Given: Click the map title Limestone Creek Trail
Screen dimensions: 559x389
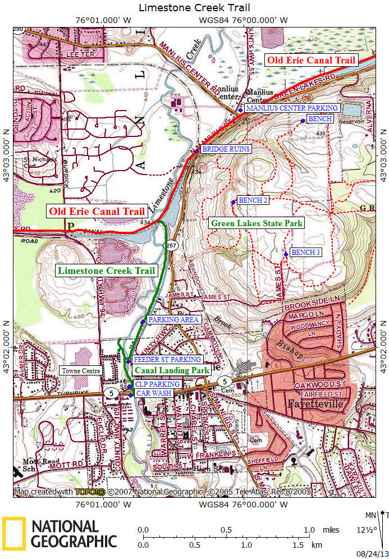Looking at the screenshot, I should click(x=194, y=7).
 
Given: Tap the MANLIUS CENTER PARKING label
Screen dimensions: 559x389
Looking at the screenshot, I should click(x=292, y=108).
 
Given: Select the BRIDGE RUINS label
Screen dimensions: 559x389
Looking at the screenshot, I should click(x=226, y=149).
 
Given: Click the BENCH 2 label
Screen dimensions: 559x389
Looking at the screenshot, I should click(x=253, y=200).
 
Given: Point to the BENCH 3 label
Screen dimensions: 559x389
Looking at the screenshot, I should click(x=306, y=253).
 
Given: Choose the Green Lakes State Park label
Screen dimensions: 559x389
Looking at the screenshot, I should click(x=257, y=223).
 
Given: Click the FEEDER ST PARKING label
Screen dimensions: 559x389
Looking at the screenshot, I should click(x=167, y=359).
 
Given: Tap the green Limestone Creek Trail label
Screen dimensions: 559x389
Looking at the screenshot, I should click(x=106, y=271).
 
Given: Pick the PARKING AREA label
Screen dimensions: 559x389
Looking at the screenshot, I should click(x=173, y=319).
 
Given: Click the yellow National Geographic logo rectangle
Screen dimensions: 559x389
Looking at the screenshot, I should click(x=14, y=533).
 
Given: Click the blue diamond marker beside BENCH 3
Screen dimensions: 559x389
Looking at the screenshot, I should click(x=286, y=255).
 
